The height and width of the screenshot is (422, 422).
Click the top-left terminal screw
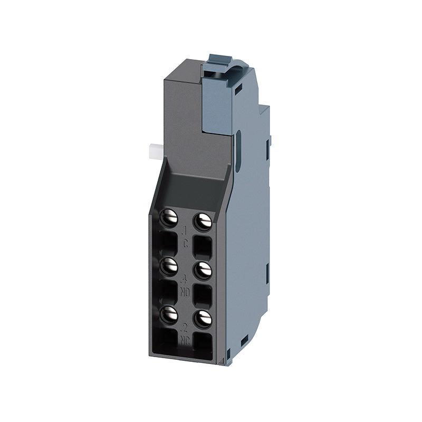169,217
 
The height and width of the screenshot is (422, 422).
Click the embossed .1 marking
185,230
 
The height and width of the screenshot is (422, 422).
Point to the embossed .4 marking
185,279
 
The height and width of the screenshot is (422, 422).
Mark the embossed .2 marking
185,327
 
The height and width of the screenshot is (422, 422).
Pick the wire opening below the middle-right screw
203,295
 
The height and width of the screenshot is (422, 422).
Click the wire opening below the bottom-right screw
203,343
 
